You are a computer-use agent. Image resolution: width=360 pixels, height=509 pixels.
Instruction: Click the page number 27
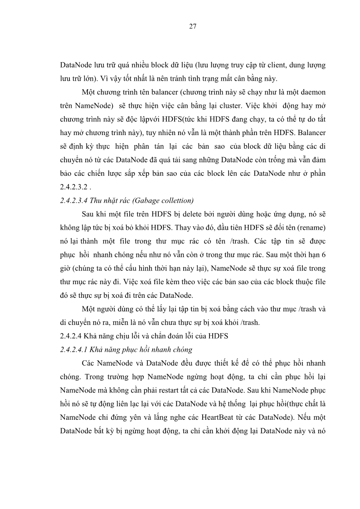pos(192,26)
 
